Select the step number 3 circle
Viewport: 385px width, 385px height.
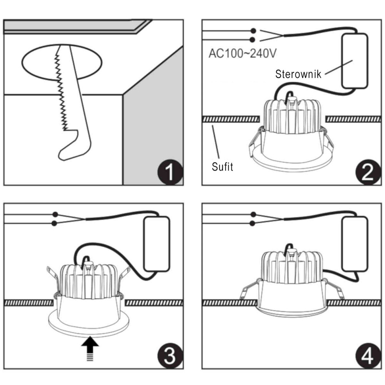point(170,357)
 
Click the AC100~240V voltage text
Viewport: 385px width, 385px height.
point(242,54)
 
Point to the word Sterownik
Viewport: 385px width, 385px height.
point(298,74)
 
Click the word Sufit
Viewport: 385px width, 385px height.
point(223,167)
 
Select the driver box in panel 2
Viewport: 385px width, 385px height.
point(355,60)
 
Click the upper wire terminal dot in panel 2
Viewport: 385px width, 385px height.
point(253,31)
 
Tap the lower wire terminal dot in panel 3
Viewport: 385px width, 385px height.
point(55,223)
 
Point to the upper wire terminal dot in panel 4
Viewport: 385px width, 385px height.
point(253,214)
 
